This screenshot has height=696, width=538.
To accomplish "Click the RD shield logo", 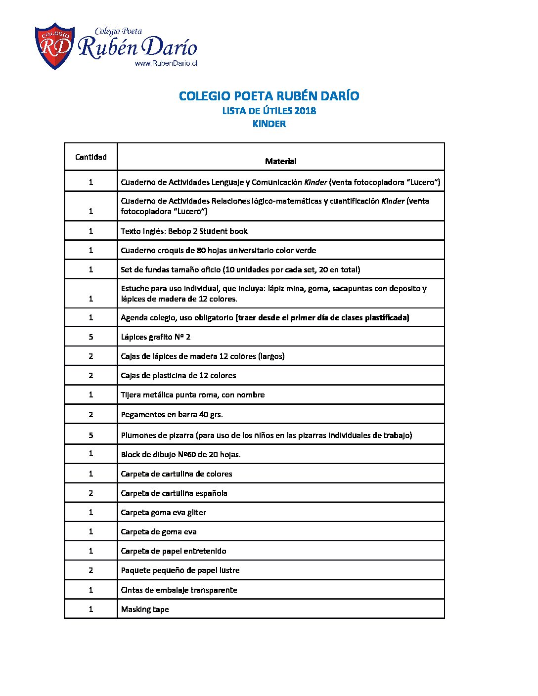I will (x=54, y=45).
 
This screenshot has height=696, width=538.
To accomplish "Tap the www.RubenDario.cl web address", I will (x=166, y=63).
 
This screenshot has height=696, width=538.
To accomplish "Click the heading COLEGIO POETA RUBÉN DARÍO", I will (x=269, y=96).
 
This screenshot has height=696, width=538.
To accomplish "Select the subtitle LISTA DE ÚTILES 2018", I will (x=269, y=111).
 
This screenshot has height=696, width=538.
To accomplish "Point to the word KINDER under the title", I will (x=269, y=124).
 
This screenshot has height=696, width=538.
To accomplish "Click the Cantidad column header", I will (x=91, y=157).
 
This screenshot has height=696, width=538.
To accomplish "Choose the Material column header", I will (x=280, y=161).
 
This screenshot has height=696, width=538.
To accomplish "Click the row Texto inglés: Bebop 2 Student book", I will (x=184, y=231).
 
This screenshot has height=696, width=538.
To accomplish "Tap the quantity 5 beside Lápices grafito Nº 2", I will (x=91, y=337).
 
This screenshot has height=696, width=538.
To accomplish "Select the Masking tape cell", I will (x=145, y=609).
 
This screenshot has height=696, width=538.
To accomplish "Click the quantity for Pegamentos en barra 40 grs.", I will (x=91, y=414).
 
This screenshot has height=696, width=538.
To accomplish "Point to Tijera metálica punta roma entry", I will (x=193, y=394).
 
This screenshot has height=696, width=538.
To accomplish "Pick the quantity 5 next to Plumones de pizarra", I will (x=91, y=435).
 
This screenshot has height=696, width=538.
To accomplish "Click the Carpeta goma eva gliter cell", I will (x=164, y=512).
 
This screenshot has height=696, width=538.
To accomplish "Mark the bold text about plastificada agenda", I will (x=322, y=317).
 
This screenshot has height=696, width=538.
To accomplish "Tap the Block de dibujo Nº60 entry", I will (x=181, y=454).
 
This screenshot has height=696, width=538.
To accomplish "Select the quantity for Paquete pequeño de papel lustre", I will (x=91, y=570).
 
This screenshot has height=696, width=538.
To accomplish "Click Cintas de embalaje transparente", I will (x=179, y=590).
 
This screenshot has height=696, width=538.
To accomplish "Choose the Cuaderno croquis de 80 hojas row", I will (x=219, y=250).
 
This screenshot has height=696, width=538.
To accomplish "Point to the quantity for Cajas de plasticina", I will (x=91, y=375).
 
